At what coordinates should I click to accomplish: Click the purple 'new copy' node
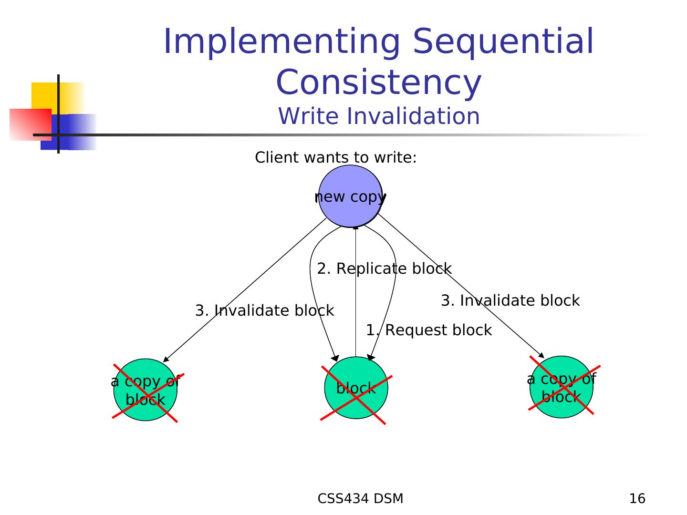click(x=350, y=196)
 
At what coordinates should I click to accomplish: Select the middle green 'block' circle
click(x=356, y=388)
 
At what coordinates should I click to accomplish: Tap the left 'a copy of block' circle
click(x=145, y=390)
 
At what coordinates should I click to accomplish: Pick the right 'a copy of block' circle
click(x=562, y=387)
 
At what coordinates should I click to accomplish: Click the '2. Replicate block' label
click(x=384, y=269)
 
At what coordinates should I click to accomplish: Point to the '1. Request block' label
click(x=428, y=330)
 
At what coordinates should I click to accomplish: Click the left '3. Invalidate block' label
click(x=264, y=311)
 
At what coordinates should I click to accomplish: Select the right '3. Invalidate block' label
click(x=510, y=301)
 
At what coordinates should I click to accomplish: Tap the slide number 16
click(x=637, y=499)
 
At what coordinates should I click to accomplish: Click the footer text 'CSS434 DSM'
click(x=360, y=499)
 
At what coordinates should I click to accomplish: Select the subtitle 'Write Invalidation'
click(x=379, y=116)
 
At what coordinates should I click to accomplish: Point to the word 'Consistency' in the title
click(x=379, y=82)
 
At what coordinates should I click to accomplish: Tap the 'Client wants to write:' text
click(x=336, y=157)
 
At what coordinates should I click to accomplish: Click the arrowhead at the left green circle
click(x=166, y=360)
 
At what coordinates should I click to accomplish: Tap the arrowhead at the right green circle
click(x=542, y=356)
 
